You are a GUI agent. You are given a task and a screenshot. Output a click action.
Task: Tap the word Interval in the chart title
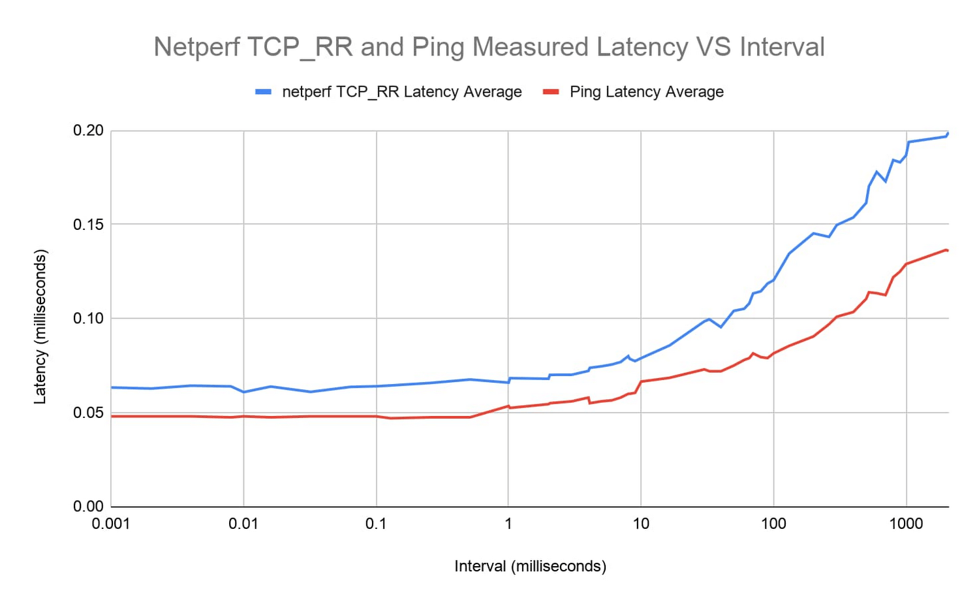click(782, 48)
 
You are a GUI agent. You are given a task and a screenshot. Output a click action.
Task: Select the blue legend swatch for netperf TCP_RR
click(263, 92)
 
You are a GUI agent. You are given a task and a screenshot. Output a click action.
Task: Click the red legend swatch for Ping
click(552, 92)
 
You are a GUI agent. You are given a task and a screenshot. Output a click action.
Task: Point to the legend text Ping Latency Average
click(646, 92)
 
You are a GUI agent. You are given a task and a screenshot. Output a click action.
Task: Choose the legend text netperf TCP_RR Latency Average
click(401, 92)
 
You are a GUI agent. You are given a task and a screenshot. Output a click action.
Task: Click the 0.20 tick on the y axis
click(88, 131)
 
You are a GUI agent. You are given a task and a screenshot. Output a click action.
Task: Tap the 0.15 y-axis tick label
click(88, 225)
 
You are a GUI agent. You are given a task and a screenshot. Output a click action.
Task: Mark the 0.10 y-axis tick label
click(88, 319)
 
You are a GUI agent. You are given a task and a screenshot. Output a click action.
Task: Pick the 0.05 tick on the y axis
click(88, 413)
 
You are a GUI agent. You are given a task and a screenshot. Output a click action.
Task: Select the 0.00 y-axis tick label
click(88, 507)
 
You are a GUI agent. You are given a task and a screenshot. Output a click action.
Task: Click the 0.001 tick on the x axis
click(111, 524)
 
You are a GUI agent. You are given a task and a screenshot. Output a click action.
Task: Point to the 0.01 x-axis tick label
click(243, 524)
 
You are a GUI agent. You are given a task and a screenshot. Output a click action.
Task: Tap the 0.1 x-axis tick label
click(376, 524)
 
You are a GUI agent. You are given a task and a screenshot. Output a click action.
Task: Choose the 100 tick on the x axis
click(773, 524)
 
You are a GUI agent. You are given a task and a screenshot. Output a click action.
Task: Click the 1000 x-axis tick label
click(906, 524)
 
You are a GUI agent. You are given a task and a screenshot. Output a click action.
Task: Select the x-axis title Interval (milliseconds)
click(530, 566)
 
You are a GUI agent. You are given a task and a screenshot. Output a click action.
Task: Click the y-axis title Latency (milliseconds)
click(40, 327)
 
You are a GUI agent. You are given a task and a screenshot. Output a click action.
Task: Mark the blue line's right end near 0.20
click(948, 133)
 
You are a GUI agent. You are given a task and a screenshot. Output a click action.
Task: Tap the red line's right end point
click(947, 250)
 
